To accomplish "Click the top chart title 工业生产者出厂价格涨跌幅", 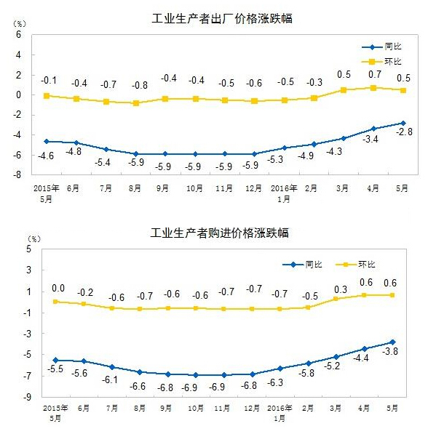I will coord(221,18).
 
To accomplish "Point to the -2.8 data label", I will coord(404,133).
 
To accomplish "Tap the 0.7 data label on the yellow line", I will coord(375,74).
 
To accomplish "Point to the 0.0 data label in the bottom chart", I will coord(58,289).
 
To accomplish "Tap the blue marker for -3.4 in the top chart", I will coord(374,129).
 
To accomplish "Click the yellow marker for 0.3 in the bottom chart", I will coord(336,298).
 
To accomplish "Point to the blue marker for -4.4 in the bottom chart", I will coord(365,349).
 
